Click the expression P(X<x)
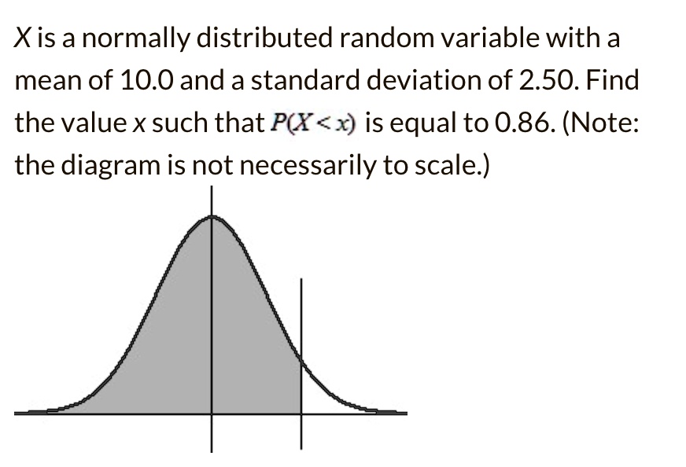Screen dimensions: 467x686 [312, 123]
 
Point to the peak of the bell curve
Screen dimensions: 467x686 [211, 217]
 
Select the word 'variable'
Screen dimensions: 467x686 [511, 38]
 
